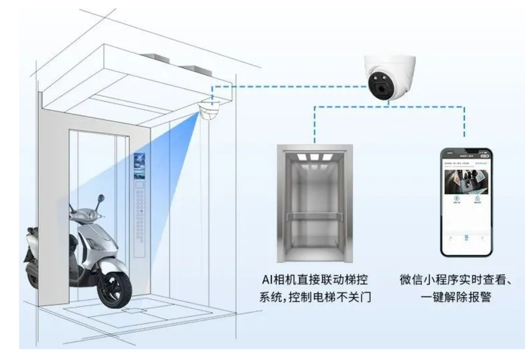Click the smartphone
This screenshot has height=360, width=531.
coord(466,202)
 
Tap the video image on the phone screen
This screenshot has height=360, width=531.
coord(466,182)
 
